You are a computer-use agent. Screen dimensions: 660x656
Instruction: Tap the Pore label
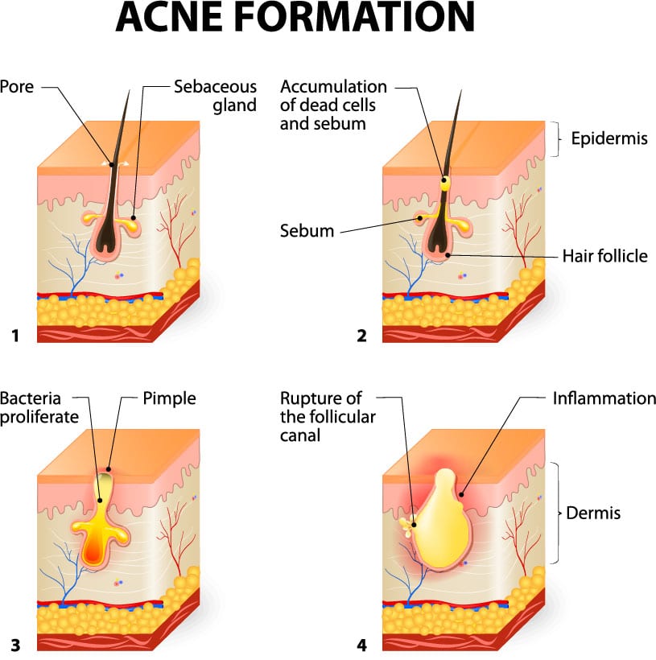pos(17,86)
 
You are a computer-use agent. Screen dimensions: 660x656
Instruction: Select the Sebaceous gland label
pos(215,96)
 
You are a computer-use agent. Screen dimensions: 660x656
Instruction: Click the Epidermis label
pos(609,138)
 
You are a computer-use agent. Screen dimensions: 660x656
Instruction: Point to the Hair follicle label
pos(604,257)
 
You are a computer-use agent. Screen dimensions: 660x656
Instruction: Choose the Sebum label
pos(307,231)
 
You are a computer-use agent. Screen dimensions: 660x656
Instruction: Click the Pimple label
pos(169,398)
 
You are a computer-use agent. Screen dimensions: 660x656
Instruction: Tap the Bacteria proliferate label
pos(39,407)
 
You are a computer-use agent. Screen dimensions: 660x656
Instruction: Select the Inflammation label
pos(604,398)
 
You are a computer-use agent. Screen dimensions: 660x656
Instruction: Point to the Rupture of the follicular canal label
pos(321,417)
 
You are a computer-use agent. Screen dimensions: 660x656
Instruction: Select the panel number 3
pos(14,644)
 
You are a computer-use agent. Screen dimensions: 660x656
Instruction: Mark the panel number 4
pos(361,644)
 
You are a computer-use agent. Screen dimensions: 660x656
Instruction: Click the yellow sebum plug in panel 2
pos(444,184)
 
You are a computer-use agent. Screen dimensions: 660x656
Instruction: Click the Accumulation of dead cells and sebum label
pos(333,105)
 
